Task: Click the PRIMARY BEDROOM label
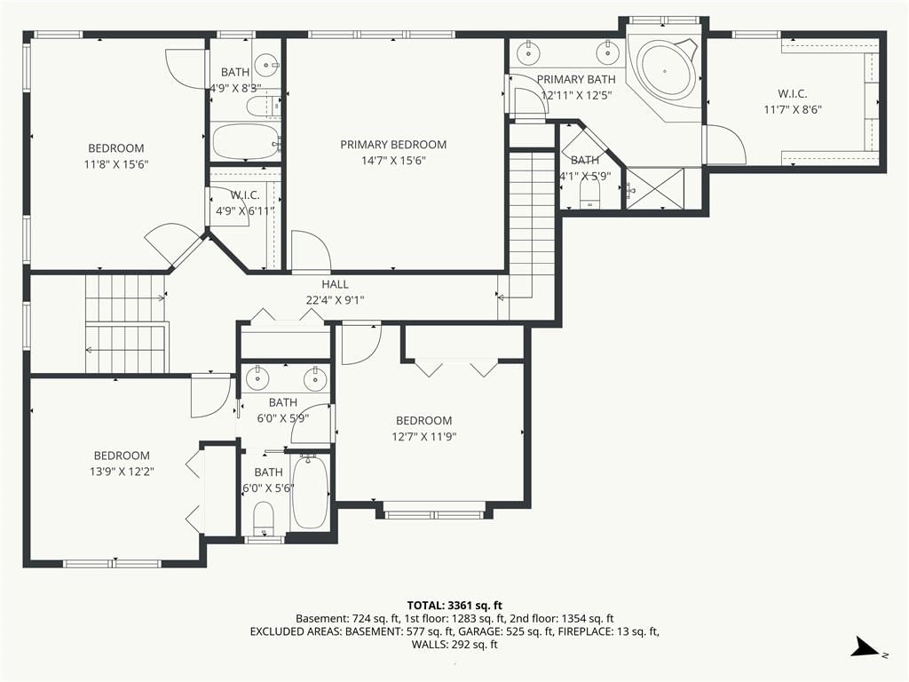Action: pyautogui.click(x=393, y=145)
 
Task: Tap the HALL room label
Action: pyautogui.click(x=335, y=284)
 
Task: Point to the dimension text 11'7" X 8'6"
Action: pyautogui.click(x=793, y=109)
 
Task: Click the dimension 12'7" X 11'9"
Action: pyautogui.click(x=423, y=436)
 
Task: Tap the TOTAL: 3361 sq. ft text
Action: pyautogui.click(x=454, y=606)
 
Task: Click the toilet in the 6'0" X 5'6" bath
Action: pyautogui.click(x=264, y=518)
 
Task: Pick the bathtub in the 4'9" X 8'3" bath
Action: pyautogui.click(x=246, y=141)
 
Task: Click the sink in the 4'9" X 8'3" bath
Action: pyautogui.click(x=267, y=64)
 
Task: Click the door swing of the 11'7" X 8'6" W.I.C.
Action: pyautogui.click(x=724, y=144)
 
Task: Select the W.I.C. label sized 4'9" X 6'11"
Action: pyautogui.click(x=245, y=195)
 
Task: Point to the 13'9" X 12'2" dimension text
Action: pyautogui.click(x=122, y=472)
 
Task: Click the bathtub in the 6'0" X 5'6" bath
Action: pyautogui.click(x=310, y=492)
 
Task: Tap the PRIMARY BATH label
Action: pyautogui.click(x=576, y=79)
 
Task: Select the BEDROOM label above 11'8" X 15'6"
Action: pyautogui.click(x=116, y=148)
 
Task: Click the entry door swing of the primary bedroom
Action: pyautogui.click(x=311, y=250)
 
